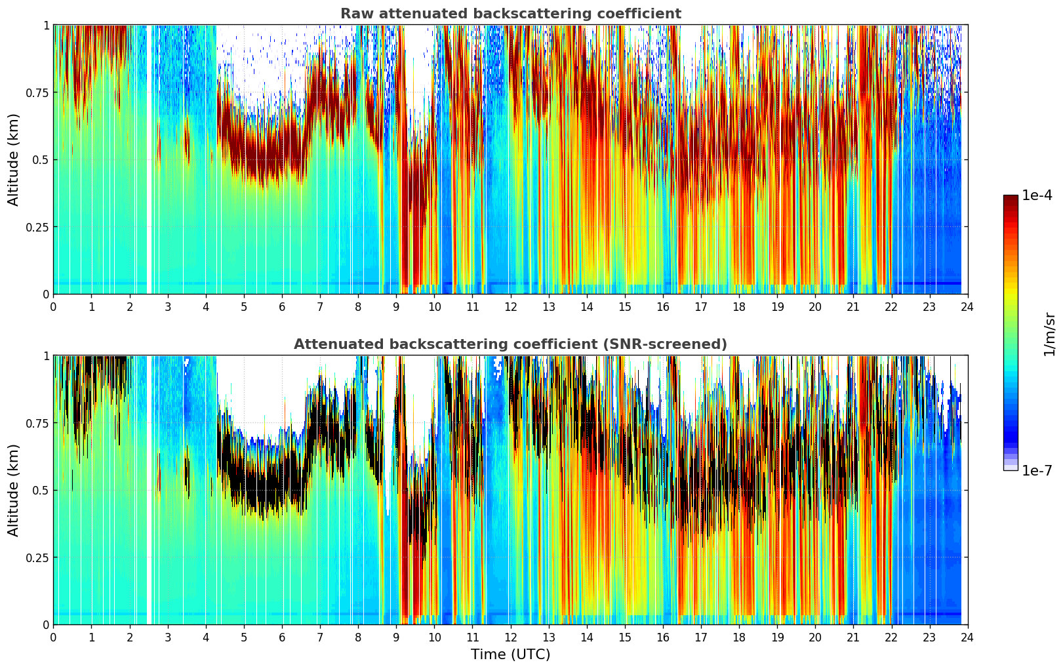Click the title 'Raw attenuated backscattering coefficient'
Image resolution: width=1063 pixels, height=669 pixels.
coord(510,14)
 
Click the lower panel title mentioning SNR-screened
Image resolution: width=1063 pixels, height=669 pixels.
coord(510,344)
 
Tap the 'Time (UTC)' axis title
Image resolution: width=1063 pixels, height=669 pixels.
coord(510,655)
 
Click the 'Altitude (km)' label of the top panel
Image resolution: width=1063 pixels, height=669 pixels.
coord(14,159)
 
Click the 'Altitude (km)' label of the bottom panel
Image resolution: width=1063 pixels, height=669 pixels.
coord(14,490)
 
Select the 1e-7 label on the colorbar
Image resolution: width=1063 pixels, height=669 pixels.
coord(1037,470)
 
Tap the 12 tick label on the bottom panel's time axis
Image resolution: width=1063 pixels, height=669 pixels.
coord(510,638)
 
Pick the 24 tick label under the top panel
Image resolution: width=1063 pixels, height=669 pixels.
coord(967,307)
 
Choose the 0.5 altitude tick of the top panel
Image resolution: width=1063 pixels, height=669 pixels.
coord(41,159)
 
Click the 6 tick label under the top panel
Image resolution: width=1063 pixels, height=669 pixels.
coord(282,307)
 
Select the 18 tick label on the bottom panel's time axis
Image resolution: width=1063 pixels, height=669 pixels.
coord(739,638)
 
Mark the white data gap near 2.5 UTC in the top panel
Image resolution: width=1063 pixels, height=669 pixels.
coord(150,159)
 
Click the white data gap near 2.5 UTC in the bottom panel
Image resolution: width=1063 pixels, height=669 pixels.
coord(150,490)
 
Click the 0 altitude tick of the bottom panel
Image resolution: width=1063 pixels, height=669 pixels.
coord(46,624)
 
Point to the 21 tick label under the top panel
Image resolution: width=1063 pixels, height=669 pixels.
coord(853,307)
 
